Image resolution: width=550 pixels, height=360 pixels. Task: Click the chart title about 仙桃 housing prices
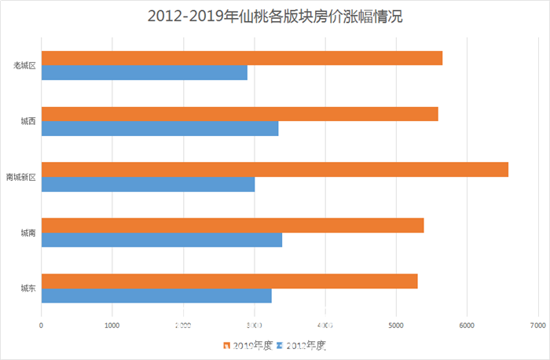275,17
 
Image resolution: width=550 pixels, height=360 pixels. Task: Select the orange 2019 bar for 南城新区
274,170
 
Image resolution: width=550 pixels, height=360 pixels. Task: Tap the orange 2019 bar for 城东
229,281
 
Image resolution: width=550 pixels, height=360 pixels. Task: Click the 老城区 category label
25,66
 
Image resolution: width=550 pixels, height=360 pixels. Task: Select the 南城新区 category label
21,178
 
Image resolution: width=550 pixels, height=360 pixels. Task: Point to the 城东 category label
28,289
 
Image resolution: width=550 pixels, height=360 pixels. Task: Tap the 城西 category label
28,122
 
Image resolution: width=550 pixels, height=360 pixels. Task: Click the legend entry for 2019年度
248,345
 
